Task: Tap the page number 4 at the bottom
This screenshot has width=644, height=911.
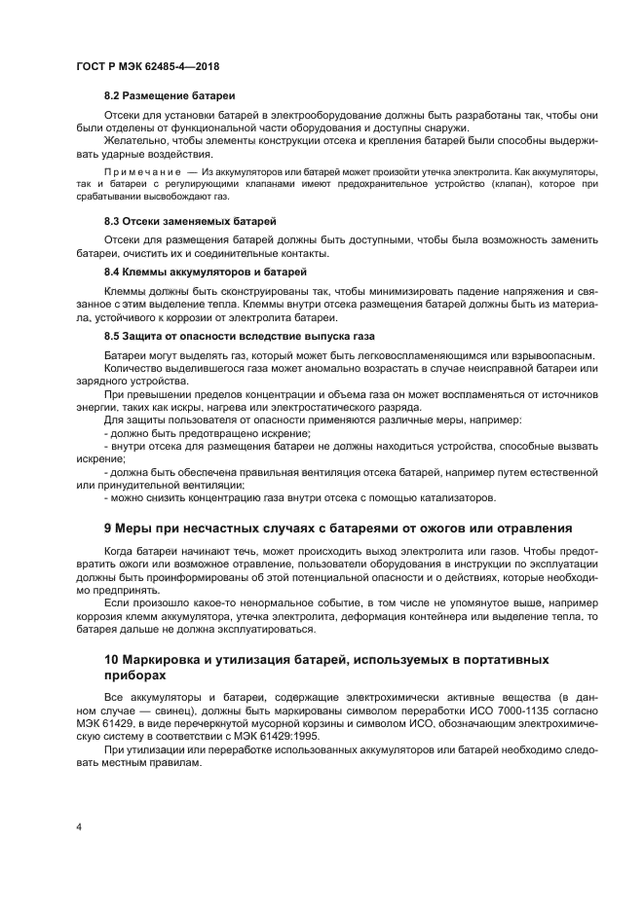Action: point(80,826)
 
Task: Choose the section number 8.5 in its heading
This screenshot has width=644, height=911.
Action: point(113,335)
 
